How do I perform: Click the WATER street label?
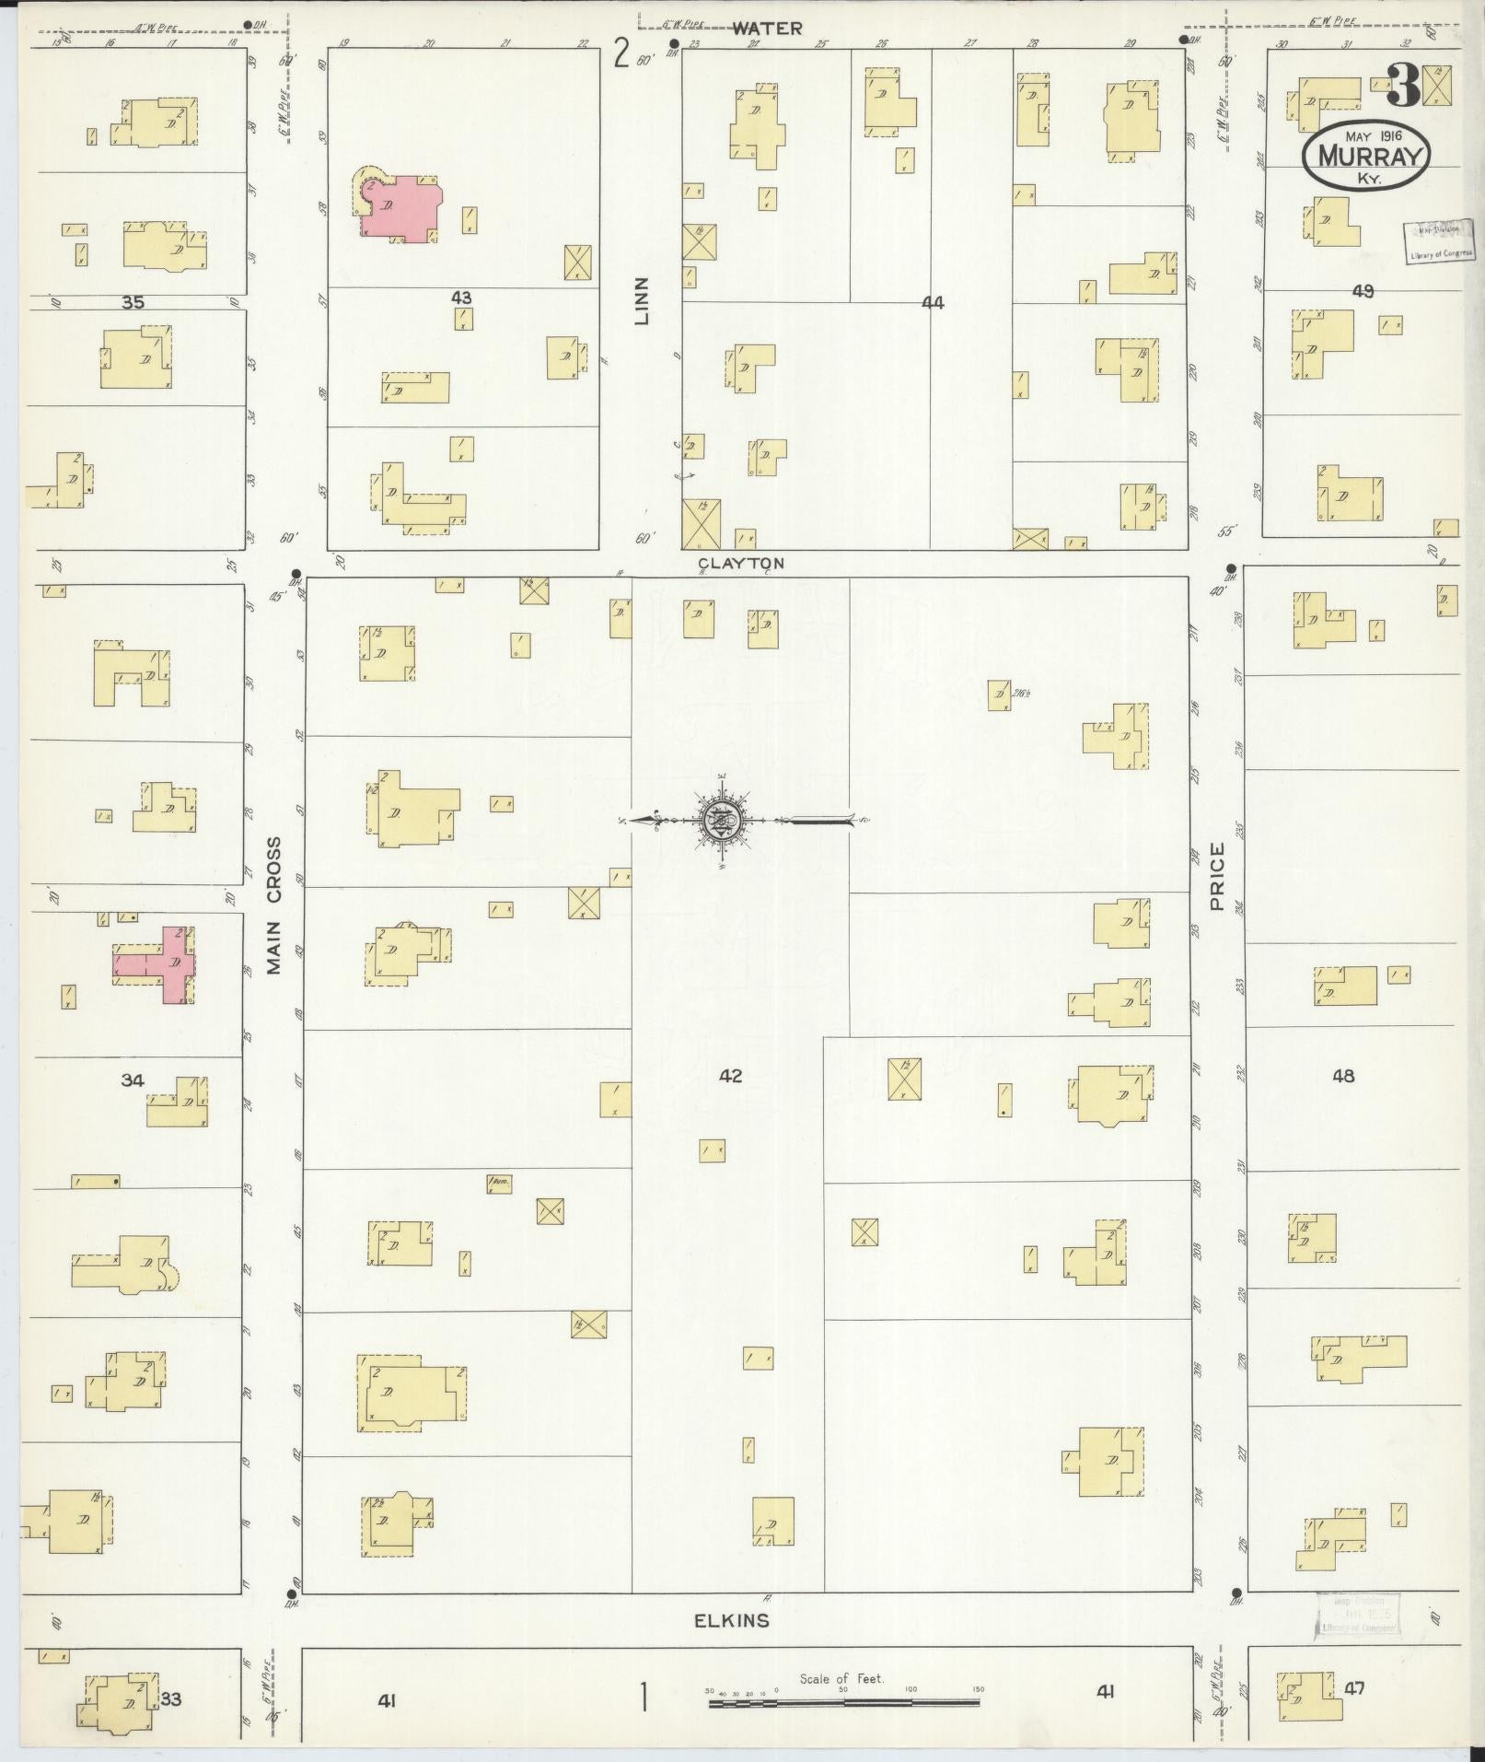pos(767,29)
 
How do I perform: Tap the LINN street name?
pos(642,300)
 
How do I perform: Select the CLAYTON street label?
pos(740,563)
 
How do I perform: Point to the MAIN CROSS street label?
pos(273,905)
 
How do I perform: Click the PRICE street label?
pos(1218,876)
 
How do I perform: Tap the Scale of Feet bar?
pos(842,1705)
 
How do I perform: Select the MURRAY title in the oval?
pos(1365,156)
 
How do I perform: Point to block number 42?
pos(730,1075)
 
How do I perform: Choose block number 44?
pos(933,302)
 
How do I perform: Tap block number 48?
pos(1342,1075)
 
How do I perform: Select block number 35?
pos(133,302)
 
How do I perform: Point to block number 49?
pos(1363,291)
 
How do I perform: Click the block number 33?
pos(171,1699)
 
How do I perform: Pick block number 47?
pos(1354,1688)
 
